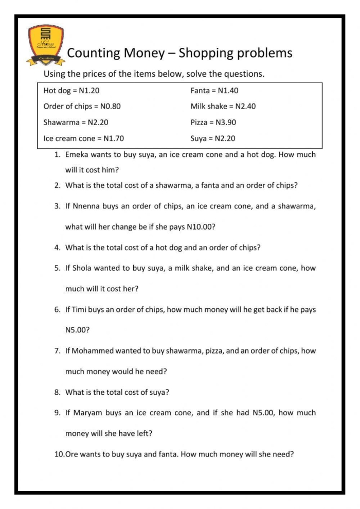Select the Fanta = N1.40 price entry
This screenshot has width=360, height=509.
pyautogui.click(x=214, y=91)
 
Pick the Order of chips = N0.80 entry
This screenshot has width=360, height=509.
pyautogui.click(x=82, y=107)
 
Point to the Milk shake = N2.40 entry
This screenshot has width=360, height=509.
pyautogui.click(x=223, y=107)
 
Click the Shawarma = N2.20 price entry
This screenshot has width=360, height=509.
pyautogui.click(x=76, y=122)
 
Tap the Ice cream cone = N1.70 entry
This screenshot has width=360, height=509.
pyautogui.click(x=84, y=138)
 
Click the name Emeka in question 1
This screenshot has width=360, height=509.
pyautogui.click(x=77, y=154)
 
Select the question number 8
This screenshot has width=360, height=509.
pyautogui.click(x=58, y=392)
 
